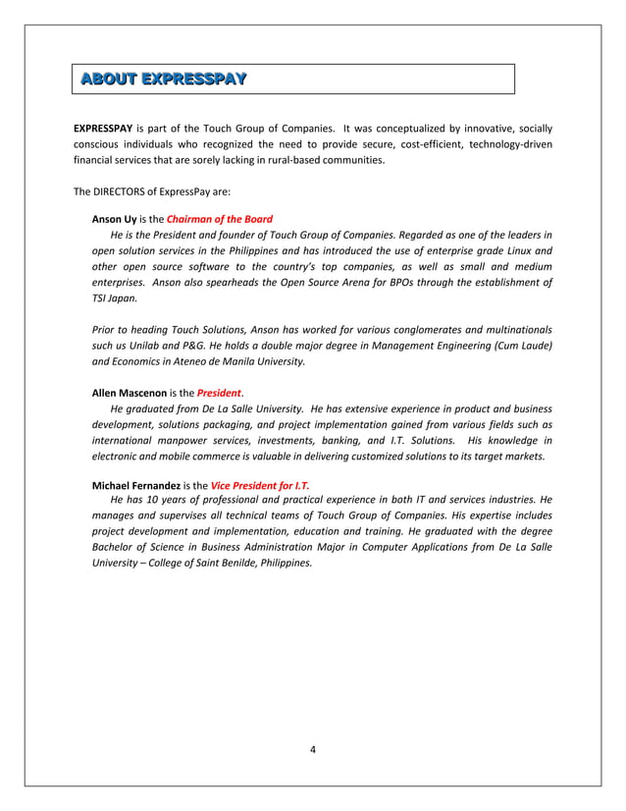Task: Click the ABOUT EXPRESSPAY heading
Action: click(x=162, y=78)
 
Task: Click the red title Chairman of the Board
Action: click(x=220, y=219)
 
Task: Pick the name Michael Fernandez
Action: click(x=135, y=486)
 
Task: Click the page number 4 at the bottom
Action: click(x=312, y=751)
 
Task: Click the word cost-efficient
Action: click(x=435, y=144)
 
